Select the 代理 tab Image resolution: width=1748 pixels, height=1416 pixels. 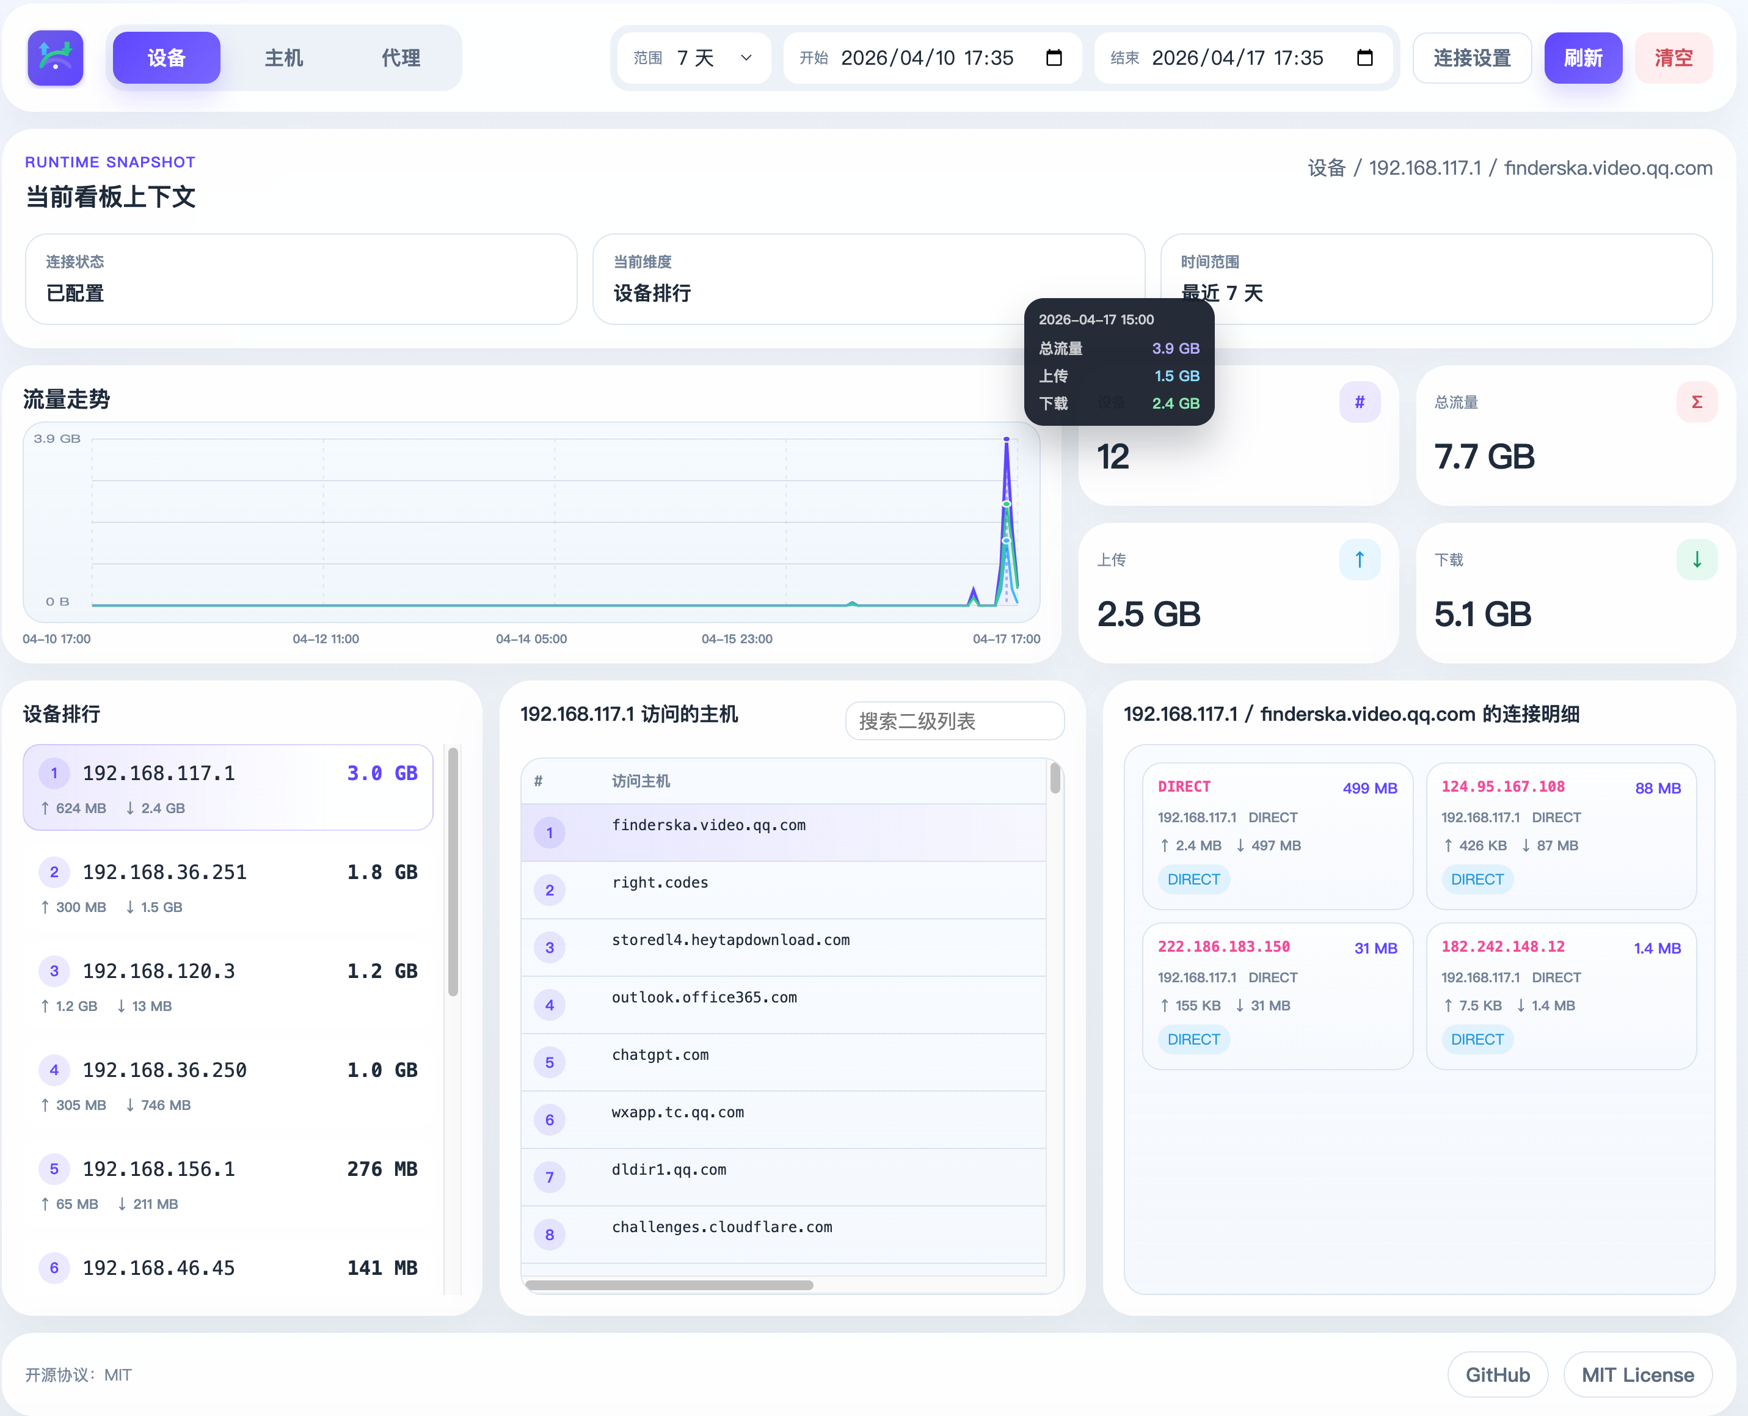coord(400,58)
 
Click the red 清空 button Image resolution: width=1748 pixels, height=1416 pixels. coord(1672,58)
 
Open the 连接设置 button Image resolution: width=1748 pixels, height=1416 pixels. coord(1471,58)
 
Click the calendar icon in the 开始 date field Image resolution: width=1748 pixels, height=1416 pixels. coord(1054,58)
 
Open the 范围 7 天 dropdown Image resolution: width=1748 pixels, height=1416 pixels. coord(694,58)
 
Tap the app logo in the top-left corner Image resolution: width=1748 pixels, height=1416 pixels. coord(56,58)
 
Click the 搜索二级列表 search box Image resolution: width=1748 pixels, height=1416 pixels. coord(954,721)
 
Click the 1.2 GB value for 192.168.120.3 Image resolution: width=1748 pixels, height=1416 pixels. coord(382,971)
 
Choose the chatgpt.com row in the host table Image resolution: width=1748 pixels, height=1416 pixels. coord(660,1054)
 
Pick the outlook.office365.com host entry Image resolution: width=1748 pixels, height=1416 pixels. coord(704,997)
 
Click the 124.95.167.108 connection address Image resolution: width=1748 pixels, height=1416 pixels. coord(1502,786)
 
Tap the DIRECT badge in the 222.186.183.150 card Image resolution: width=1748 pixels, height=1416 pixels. coord(1193,1039)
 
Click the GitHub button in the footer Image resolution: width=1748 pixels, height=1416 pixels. coord(1497,1374)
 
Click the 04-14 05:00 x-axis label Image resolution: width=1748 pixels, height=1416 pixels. coord(531,639)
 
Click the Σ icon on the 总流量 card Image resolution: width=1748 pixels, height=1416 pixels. coord(1696,402)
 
